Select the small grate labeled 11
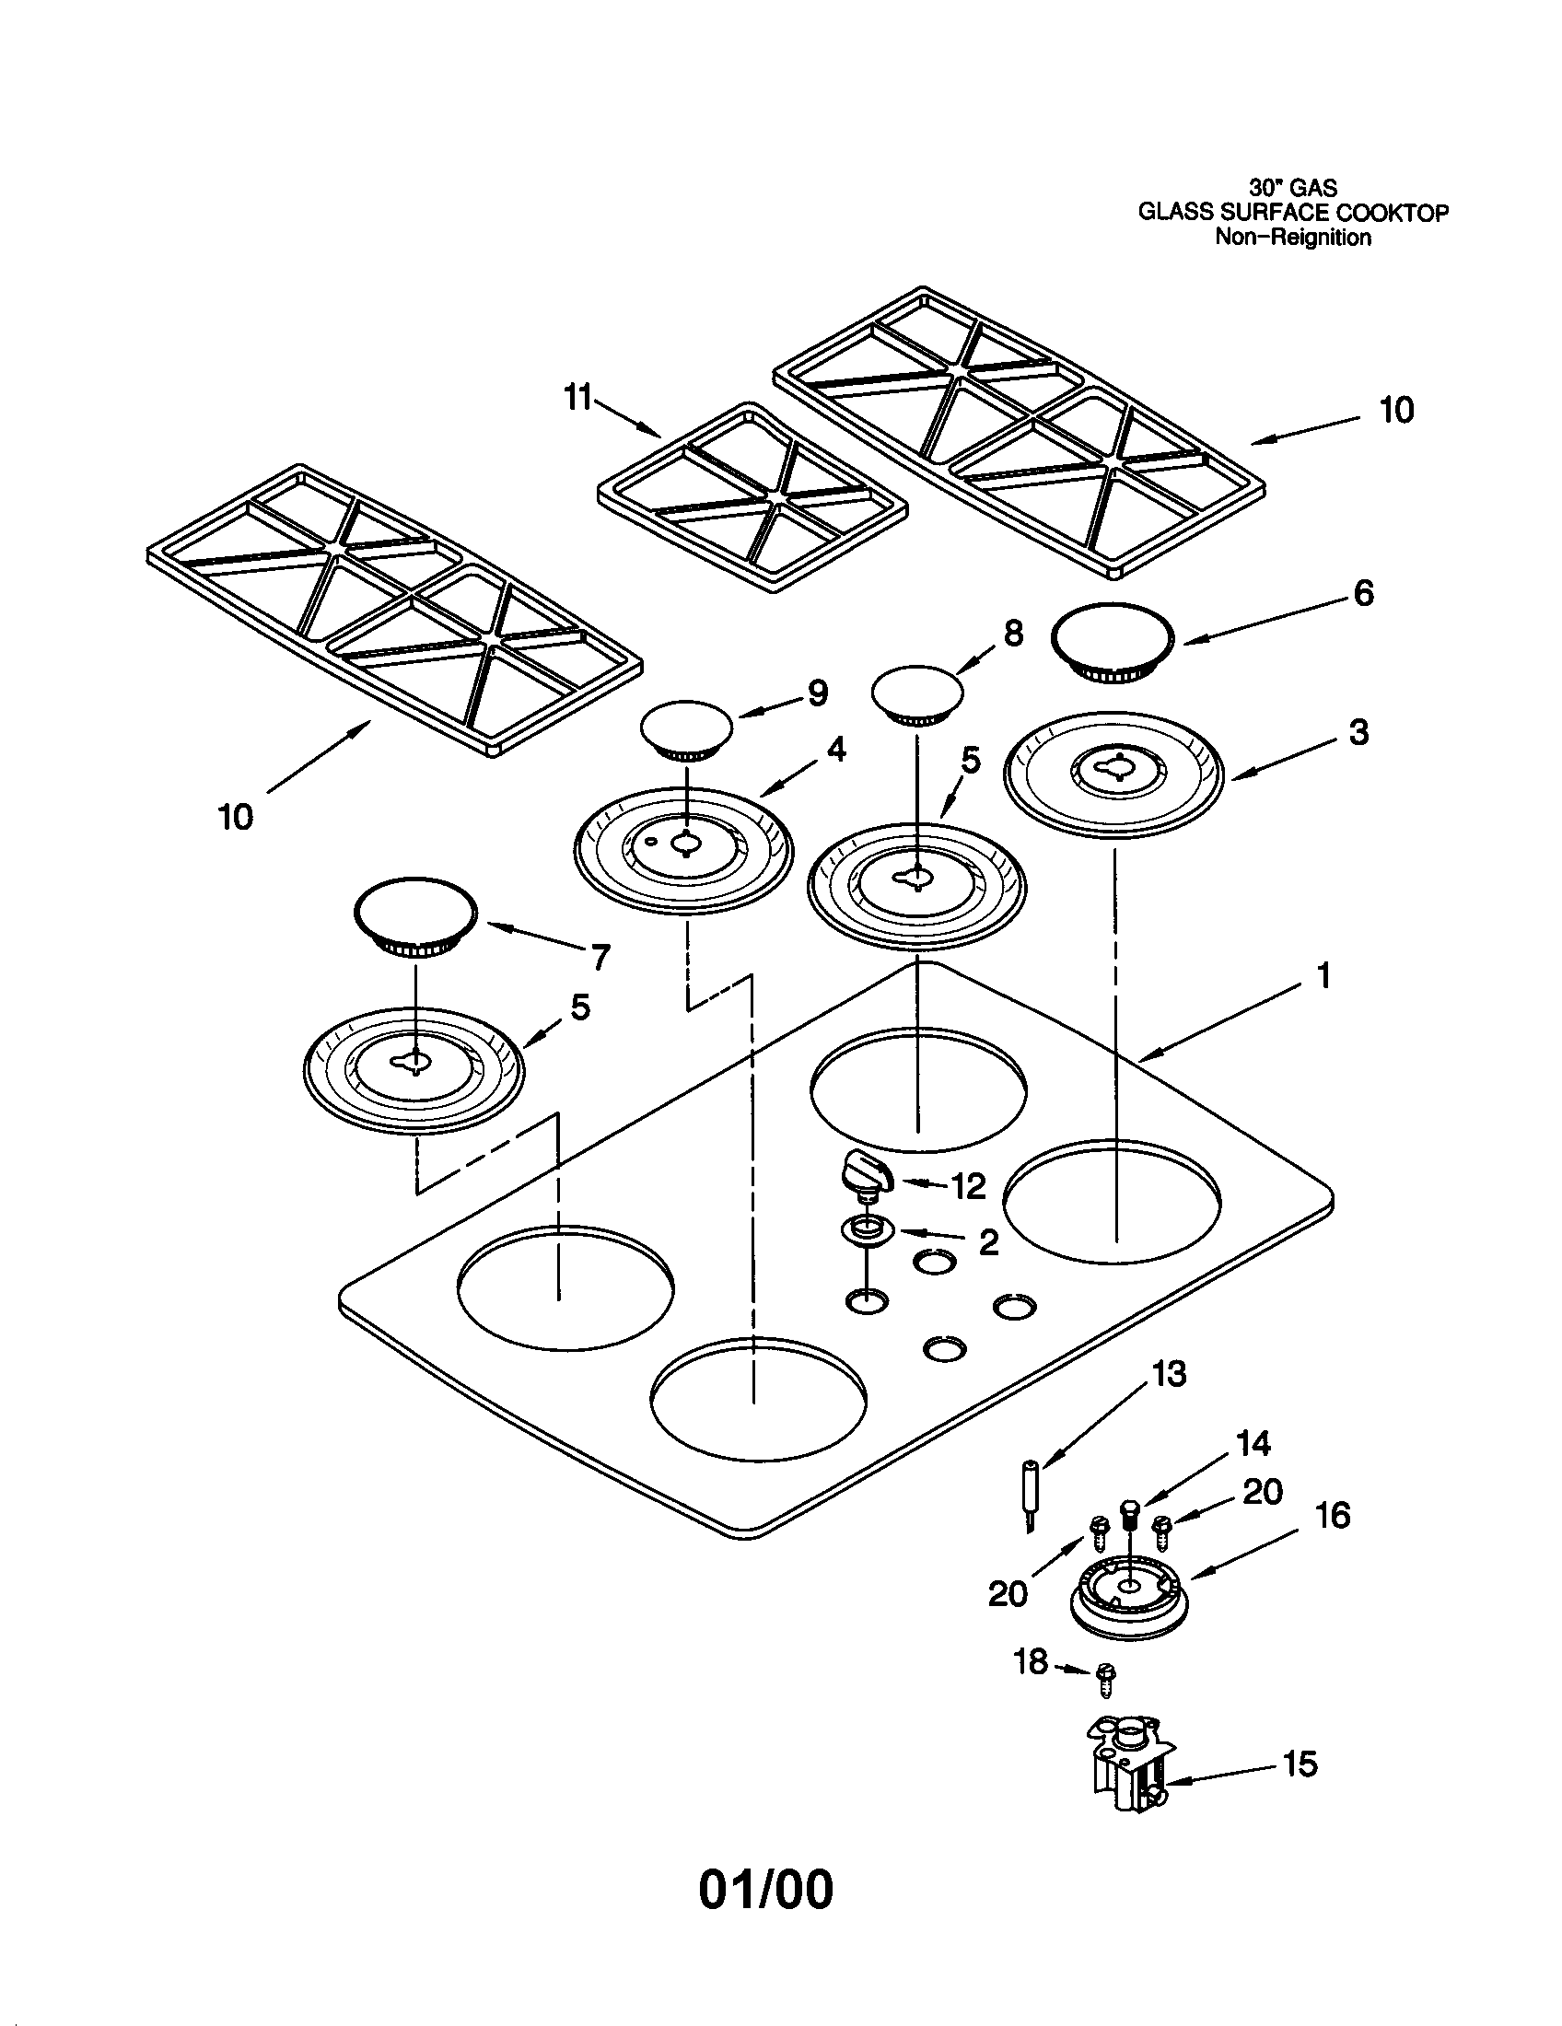tap(752, 497)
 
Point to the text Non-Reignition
tap(1293, 238)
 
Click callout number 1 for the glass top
tap(1323, 975)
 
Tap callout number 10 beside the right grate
tap(1396, 410)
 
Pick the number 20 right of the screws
tap(1263, 1492)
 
